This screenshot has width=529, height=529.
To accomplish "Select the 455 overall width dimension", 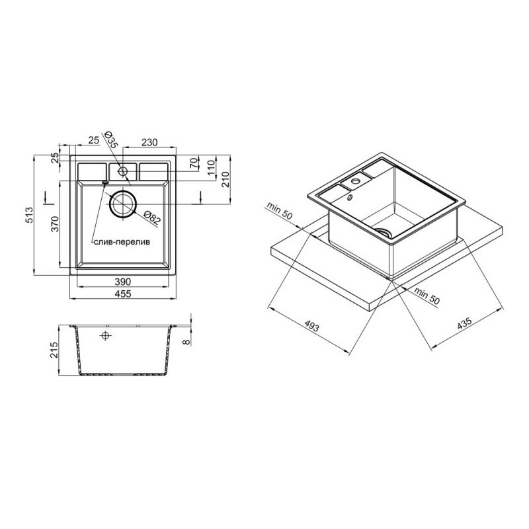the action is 122,294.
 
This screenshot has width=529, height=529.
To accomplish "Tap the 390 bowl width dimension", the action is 122,282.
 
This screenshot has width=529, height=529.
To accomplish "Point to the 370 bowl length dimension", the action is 55,224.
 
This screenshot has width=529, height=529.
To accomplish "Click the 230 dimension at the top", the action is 149,142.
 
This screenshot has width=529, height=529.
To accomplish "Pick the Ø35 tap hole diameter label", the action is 110,140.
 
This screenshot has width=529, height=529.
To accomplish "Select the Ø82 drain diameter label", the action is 152,218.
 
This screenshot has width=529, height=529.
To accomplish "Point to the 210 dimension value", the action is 225,179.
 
